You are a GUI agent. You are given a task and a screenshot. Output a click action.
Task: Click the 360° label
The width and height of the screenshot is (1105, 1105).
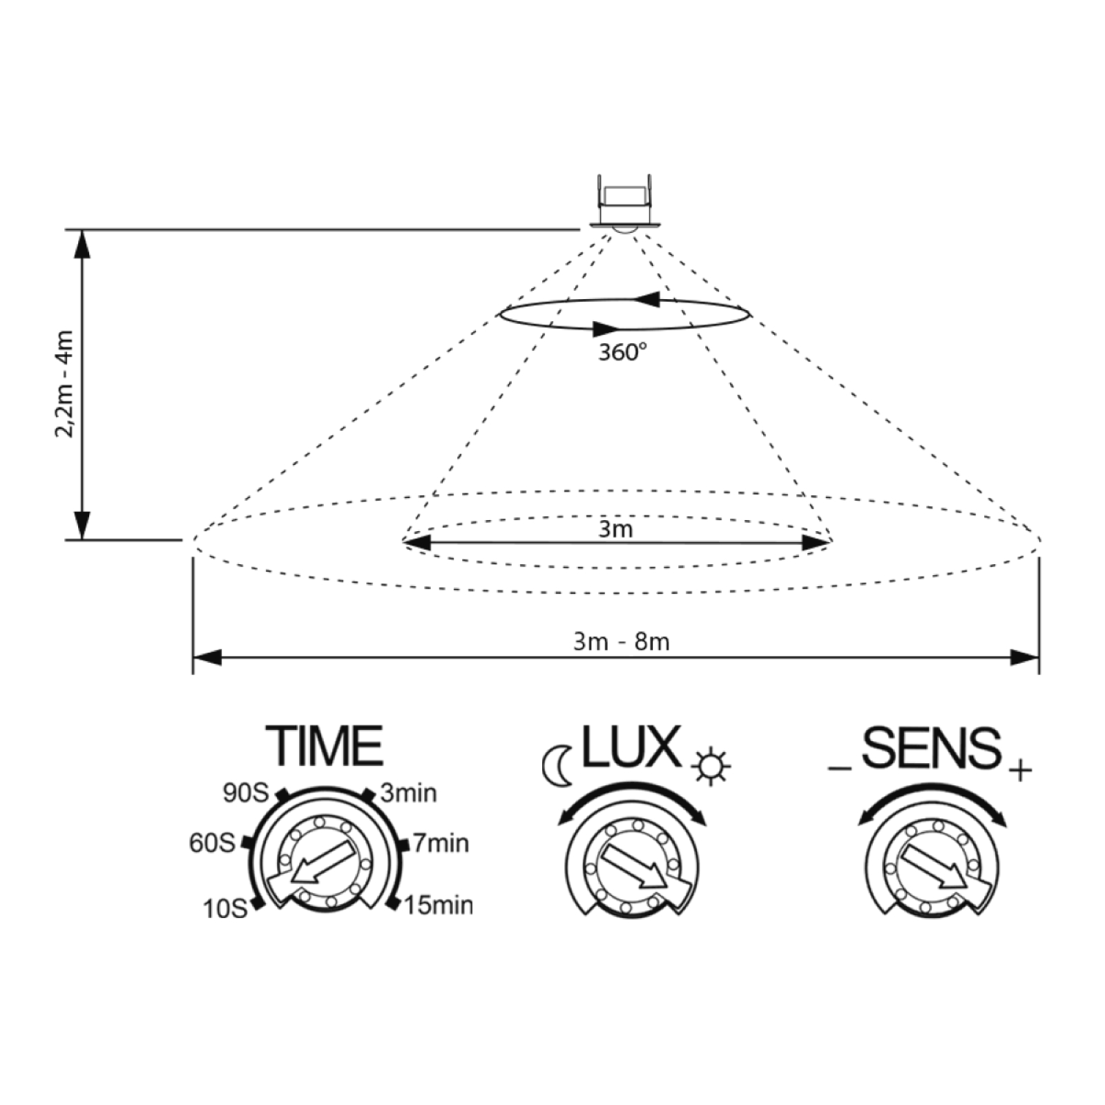tap(622, 352)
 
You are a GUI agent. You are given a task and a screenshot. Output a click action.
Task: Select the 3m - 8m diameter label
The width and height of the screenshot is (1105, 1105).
tap(622, 642)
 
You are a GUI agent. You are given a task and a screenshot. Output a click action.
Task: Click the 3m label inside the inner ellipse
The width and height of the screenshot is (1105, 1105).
tap(615, 529)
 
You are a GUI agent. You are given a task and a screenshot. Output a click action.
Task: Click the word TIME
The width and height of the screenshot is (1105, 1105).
tap(325, 746)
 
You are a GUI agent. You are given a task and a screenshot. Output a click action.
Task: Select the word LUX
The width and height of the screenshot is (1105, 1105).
tap(631, 746)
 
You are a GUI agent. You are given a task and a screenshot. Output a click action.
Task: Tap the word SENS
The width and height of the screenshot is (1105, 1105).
tap(931, 747)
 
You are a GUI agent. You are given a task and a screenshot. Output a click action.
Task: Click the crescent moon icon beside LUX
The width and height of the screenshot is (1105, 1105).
tap(557, 765)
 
